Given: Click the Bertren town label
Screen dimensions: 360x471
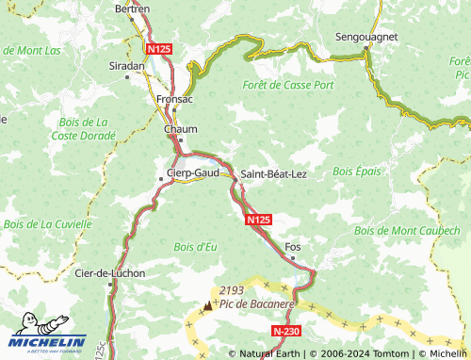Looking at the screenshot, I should click(131, 8).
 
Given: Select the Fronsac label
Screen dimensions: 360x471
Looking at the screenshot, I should click(174, 97).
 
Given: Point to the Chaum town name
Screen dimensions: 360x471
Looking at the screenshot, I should click(180, 129).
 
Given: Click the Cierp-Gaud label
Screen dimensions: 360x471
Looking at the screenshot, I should click(192, 173).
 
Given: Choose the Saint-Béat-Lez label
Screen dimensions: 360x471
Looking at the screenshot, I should click(273, 174).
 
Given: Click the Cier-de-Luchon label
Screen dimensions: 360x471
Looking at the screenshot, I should click(109, 273).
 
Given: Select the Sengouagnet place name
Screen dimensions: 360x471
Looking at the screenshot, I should click(366, 39).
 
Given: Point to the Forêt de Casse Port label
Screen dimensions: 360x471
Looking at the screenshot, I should click(287, 84).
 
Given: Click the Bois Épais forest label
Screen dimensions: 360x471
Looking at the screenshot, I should click(356, 172).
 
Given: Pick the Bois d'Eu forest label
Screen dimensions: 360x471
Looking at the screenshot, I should click(195, 247).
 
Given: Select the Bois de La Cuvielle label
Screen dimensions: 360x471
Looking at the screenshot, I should click(47, 224).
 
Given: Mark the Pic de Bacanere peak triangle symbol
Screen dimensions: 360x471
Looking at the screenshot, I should click(208, 305).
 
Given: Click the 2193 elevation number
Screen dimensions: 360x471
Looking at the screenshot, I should click(231, 291).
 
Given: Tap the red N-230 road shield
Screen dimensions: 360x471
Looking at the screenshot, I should click(285, 332).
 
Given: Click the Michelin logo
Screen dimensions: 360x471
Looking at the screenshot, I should click(47, 343).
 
